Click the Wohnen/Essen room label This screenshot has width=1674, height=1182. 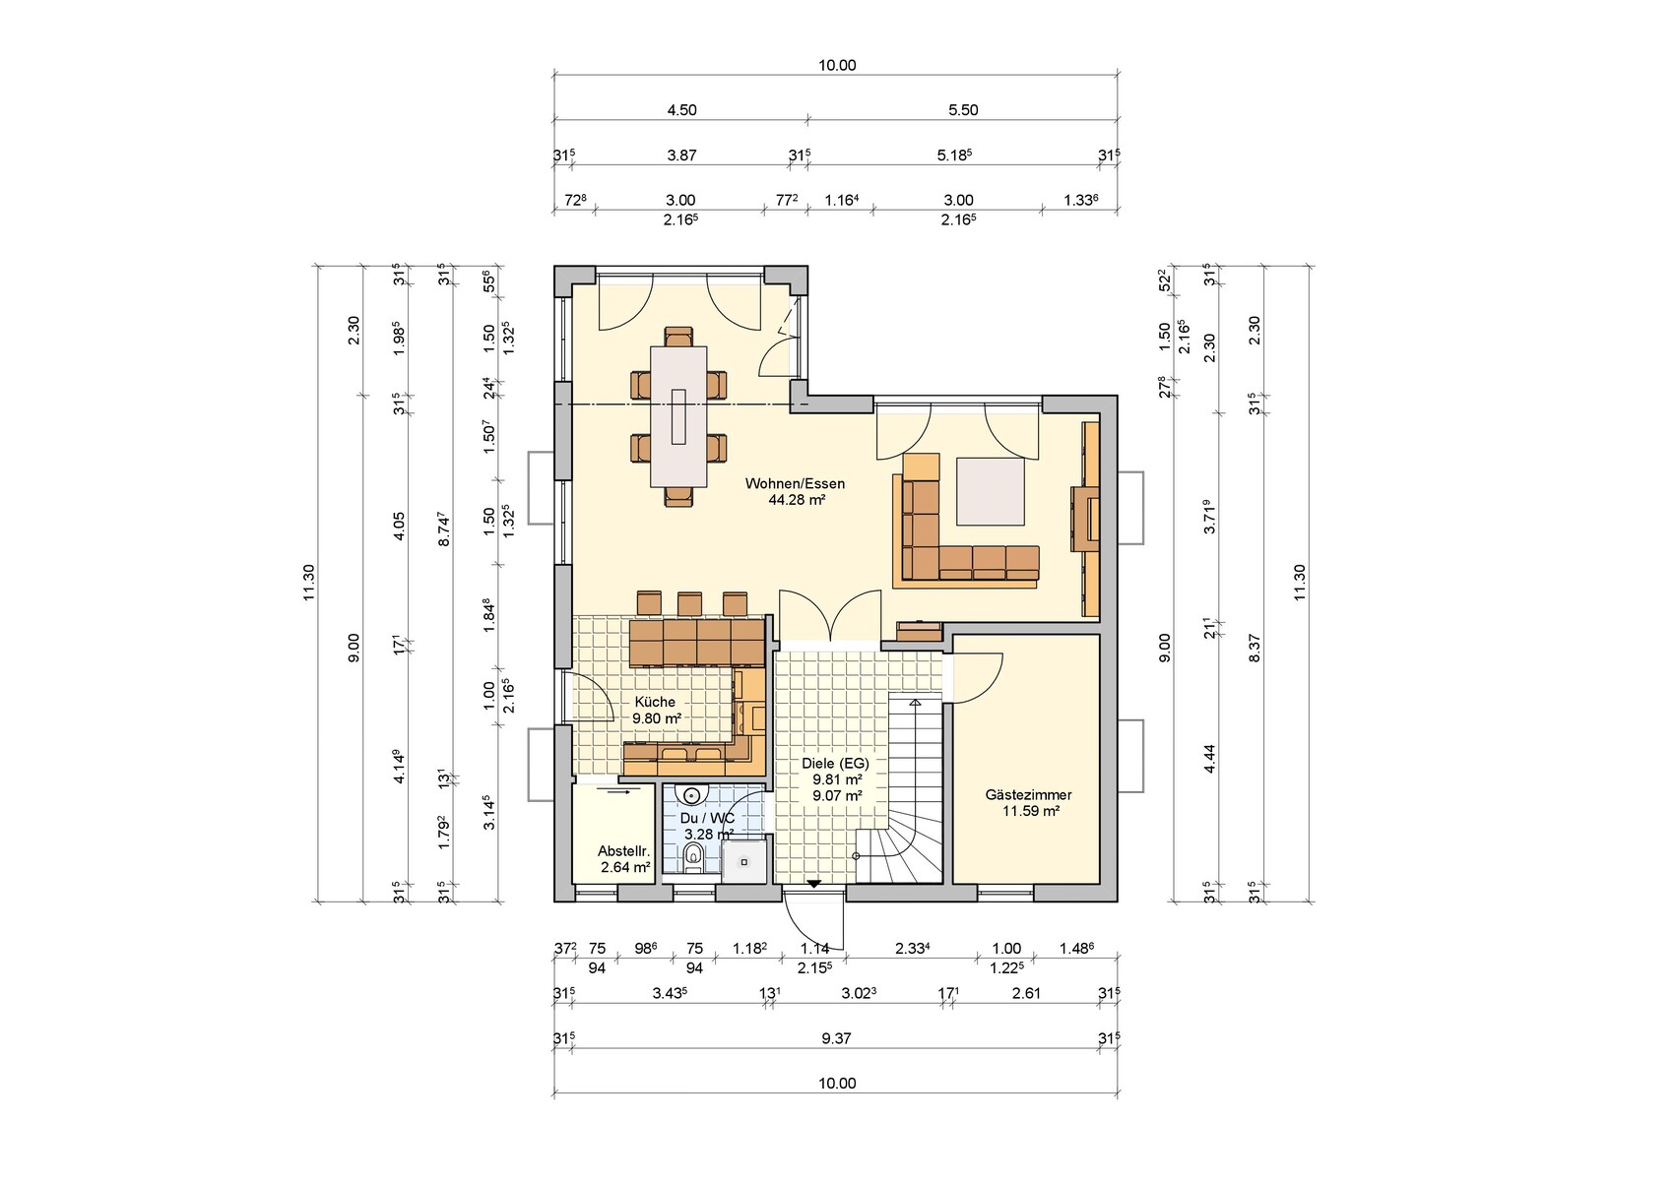796,483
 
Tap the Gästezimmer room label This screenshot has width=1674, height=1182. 1028,795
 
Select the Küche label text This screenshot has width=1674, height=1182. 656,702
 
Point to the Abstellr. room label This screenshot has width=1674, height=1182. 624,851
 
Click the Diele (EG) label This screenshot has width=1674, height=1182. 835,763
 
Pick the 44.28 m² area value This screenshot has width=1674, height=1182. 797,500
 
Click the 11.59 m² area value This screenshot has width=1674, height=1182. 1031,811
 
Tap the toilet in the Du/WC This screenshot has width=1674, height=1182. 693,857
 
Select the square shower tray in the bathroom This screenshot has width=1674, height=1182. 744,861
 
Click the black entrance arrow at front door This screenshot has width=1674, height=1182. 813,884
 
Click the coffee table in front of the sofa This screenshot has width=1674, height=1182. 992,492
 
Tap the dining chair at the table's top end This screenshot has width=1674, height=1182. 678,337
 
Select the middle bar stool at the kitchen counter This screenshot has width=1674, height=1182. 689,603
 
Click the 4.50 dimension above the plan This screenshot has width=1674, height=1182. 681,110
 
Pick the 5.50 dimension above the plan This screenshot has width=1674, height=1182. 963,110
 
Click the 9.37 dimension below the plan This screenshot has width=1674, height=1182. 836,1038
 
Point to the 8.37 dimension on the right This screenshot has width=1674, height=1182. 1255,648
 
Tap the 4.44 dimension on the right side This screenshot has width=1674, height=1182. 1210,759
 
